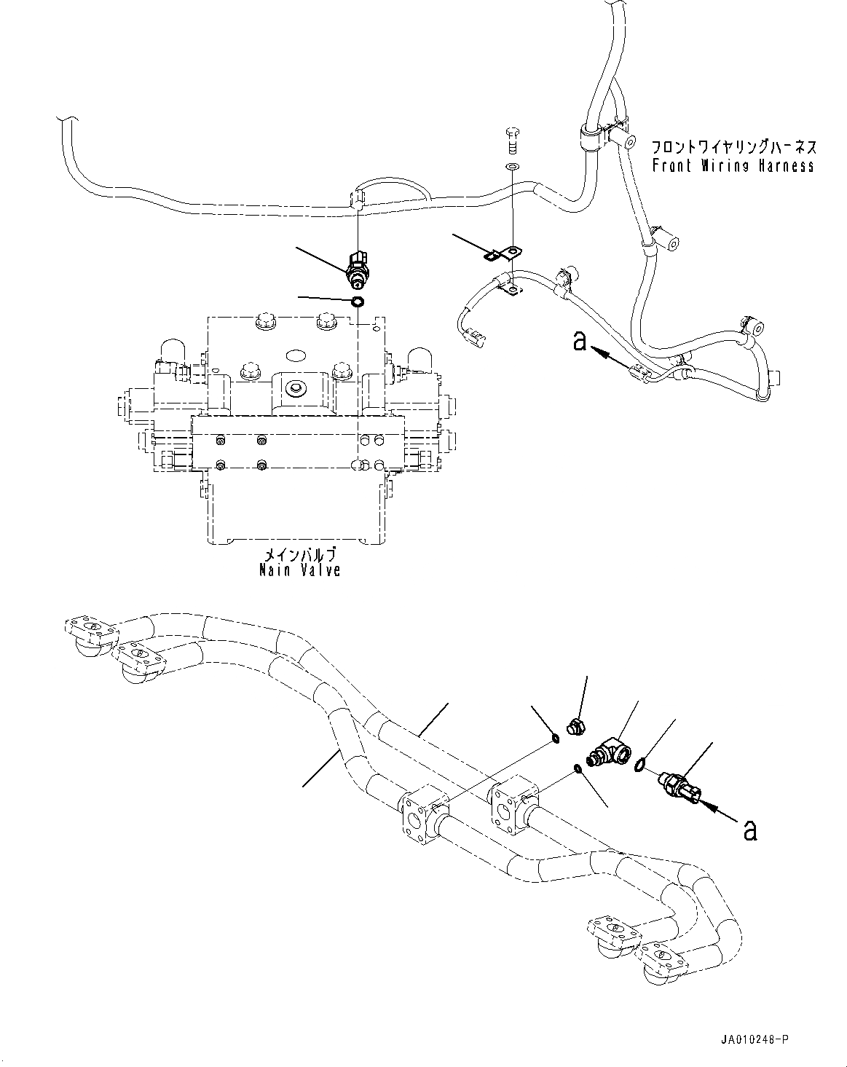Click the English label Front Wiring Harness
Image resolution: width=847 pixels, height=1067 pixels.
click(x=733, y=166)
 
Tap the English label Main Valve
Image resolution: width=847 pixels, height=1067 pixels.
click(x=300, y=570)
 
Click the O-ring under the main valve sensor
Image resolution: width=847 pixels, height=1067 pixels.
click(x=358, y=302)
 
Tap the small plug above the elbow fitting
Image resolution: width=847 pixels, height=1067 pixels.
click(x=575, y=725)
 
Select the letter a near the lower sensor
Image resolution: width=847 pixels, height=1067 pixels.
click(x=750, y=830)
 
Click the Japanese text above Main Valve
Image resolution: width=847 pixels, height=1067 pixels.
click(x=300, y=554)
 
